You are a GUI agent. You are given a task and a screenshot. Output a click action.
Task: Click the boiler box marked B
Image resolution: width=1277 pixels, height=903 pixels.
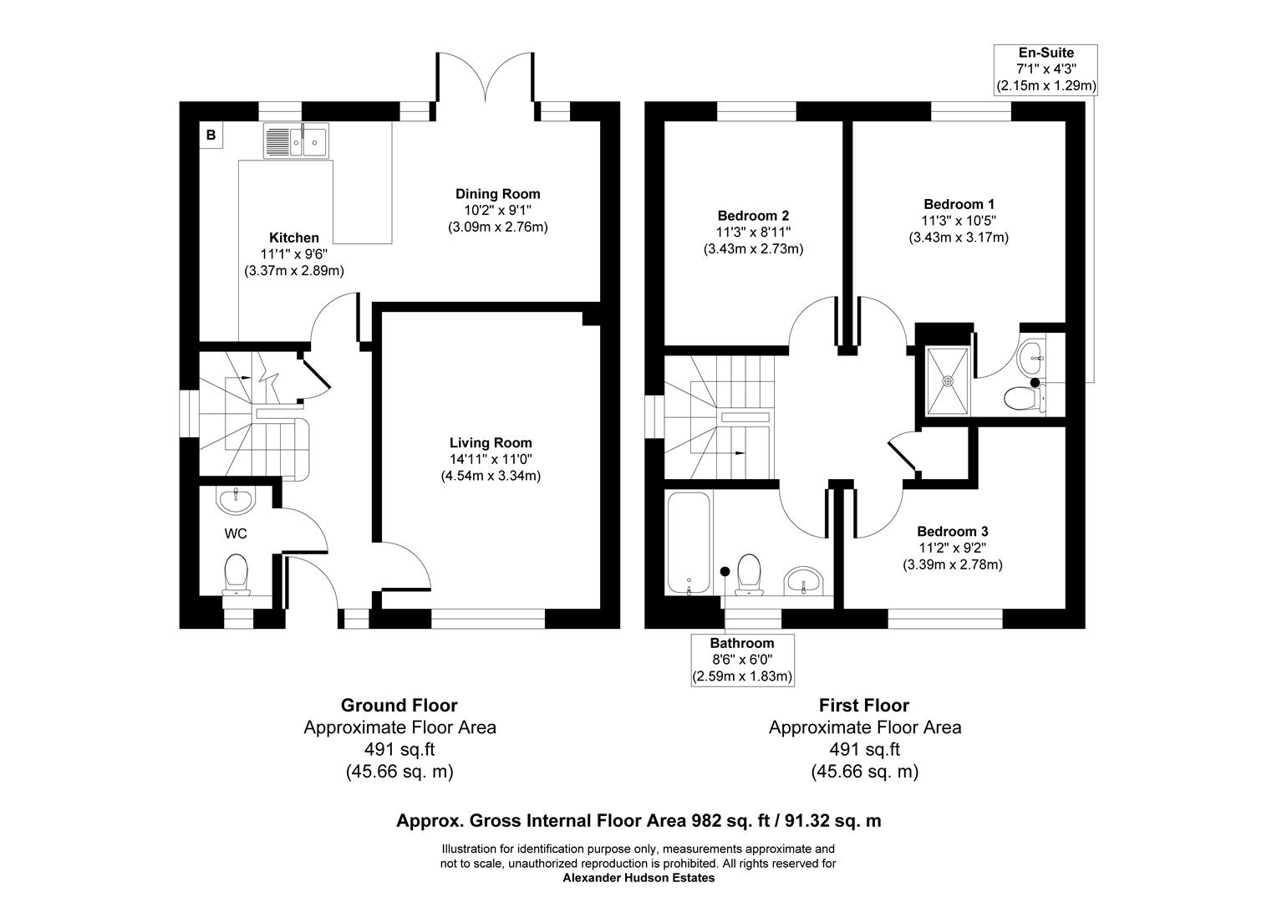click(x=211, y=135)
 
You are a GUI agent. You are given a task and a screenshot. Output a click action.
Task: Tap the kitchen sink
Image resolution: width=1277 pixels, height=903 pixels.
click(x=297, y=140)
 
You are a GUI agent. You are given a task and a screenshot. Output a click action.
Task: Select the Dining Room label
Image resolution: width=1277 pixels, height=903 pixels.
click(x=497, y=194)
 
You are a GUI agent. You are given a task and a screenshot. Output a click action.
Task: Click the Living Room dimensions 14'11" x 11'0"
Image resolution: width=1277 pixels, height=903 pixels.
click(x=491, y=459)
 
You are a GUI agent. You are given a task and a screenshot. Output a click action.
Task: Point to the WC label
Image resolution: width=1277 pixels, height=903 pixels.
click(x=236, y=533)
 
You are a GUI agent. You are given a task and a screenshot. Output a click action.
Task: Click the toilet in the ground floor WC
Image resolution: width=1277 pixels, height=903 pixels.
click(x=236, y=576)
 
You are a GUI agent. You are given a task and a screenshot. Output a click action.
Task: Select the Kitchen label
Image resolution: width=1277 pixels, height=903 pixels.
click(x=293, y=237)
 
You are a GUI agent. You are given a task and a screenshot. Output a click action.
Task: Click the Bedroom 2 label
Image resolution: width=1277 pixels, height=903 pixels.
click(x=753, y=215)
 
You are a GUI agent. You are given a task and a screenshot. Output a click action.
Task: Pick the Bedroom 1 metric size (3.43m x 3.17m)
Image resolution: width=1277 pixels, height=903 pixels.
click(x=959, y=237)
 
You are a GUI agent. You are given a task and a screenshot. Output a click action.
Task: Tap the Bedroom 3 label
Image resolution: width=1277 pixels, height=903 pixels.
click(x=952, y=532)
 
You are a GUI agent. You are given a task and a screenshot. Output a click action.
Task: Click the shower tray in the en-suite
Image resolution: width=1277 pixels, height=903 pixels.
click(x=948, y=380)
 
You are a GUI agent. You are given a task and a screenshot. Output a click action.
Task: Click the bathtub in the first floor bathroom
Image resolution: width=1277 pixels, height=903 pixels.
click(x=688, y=542)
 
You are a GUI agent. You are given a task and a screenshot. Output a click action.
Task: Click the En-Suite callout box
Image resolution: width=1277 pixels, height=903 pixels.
click(x=1045, y=69)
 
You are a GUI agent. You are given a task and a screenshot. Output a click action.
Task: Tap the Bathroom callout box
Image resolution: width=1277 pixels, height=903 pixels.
click(x=742, y=660)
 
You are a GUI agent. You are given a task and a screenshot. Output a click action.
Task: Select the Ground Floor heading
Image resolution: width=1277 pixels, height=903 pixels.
click(x=399, y=705)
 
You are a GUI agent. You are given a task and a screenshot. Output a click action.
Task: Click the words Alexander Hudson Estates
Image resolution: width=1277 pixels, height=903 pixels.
click(x=638, y=878)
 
